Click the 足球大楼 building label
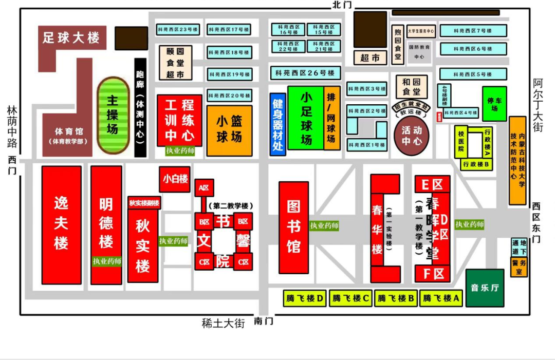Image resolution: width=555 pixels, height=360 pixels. (x=71, y=37)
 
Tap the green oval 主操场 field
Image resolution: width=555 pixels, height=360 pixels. (x=113, y=116)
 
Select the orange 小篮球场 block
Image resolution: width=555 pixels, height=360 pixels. (x=229, y=130)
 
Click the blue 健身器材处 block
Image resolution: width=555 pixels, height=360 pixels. (x=277, y=124)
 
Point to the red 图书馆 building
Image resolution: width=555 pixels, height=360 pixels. (x=294, y=227)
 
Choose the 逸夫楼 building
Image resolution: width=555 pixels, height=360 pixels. (x=61, y=224)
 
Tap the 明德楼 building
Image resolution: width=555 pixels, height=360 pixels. (x=106, y=224)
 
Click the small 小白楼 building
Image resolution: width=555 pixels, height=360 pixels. (x=175, y=180)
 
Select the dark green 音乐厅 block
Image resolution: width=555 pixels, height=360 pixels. (x=485, y=288)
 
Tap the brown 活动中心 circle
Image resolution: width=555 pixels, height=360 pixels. (x=412, y=135)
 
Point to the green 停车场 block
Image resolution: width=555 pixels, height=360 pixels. (x=494, y=104)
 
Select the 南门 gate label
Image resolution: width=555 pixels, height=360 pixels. (x=264, y=321)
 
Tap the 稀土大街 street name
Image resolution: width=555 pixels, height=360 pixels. (x=224, y=323)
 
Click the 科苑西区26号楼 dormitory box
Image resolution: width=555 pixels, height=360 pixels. (x=305, y=73)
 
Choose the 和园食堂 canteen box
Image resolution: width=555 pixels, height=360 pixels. (x=411, y=87)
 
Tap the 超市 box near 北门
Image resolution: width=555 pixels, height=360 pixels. (x=370, y=58)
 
